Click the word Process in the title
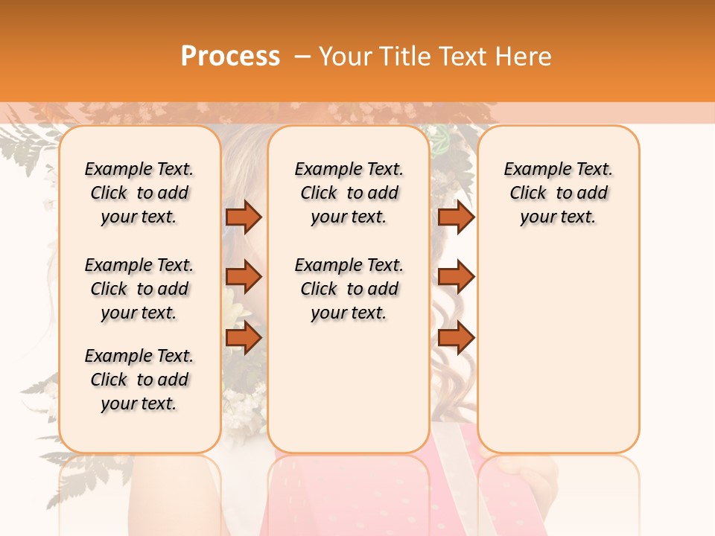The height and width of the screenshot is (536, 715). click(x=230, y=57)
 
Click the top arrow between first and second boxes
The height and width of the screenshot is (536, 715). click(x=244, y=217)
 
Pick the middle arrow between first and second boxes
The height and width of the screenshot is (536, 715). click(x=244, y=277)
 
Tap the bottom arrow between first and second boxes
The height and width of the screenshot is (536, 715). click(x=244, y=338)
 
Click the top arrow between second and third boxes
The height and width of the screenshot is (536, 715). click(x=456, y=217)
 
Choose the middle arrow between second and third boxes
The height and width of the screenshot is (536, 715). click(x=456, y=277)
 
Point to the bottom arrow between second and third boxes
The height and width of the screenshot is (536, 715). click(x=456, y=338)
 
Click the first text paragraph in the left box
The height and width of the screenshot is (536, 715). click(x=139, y=193)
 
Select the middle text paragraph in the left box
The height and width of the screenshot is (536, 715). click(x=139, y=289)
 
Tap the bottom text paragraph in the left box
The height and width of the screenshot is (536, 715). click(x=139, y=380)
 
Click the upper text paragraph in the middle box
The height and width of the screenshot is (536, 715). click(x=349, y=193)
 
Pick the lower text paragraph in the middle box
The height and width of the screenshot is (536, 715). click(x=349, y=289)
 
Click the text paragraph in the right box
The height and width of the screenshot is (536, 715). click(x=558, y=193)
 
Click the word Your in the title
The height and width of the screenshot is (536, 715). click(x=347, y=57)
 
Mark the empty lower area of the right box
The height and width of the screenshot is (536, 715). click(x=558, y=350)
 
